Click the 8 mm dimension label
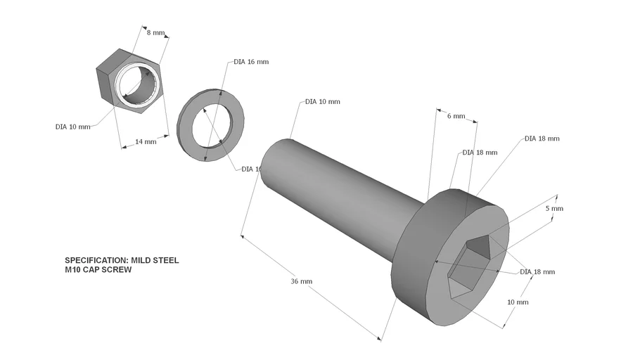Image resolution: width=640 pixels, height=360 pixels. (155, 32)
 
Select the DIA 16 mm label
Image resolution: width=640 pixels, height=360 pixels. (251, 62)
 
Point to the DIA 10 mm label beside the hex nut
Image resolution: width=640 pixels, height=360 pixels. (73, 127)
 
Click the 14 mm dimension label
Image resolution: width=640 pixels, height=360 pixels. (146, 142)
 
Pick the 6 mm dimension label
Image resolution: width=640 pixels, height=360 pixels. (456, 117)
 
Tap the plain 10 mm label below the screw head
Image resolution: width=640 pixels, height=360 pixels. (518, 302)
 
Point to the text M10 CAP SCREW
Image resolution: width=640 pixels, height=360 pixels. (98, 269)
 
